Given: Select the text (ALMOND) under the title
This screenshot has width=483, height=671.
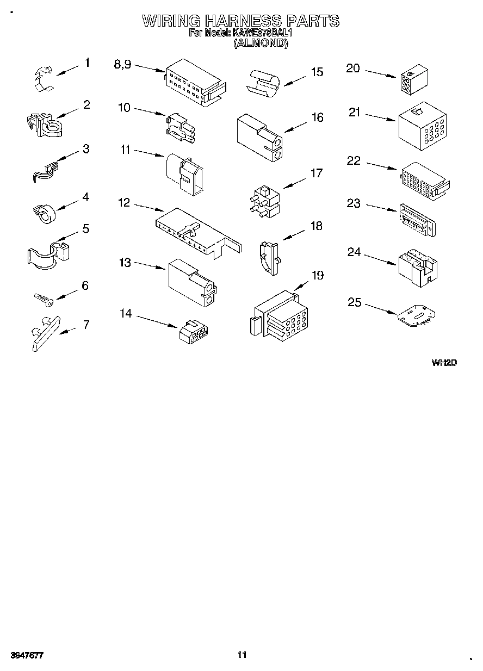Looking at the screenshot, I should pos(260,44).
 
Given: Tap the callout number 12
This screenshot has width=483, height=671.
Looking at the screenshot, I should pos(124,202).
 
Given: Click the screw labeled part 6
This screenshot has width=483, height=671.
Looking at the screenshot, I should pos(42,297).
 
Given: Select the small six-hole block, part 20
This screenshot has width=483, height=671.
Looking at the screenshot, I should pos(413,81).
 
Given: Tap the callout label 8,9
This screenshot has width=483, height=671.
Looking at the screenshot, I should pos(122,64).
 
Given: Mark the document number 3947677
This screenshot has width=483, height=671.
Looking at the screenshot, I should pos(26,655).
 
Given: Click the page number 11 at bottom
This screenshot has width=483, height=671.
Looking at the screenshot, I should pos(242,655).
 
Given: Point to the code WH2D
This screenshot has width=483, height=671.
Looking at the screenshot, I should pos(443,363).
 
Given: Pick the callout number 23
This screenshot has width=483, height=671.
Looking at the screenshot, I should pos(354,203).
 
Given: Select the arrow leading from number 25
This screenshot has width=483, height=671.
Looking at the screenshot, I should pos(381,308).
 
